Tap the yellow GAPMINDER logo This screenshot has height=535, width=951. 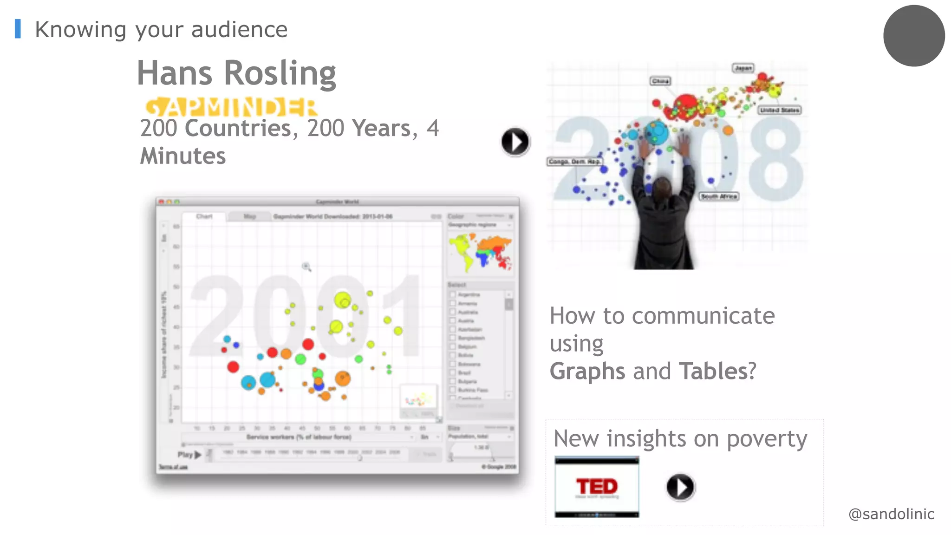coord(231,107)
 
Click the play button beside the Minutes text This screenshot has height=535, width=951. coord(515,142)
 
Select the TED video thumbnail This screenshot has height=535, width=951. coord(597,487)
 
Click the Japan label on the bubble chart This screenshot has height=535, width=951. coord(743,68)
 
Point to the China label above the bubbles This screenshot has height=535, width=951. coord(660,81)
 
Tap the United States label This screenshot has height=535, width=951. coord(780,110)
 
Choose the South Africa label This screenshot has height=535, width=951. coord(719,196)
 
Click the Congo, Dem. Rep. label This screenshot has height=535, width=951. coord(574,162)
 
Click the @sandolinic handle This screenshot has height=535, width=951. coord(891,514)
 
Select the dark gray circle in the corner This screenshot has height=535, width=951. coord(914,36)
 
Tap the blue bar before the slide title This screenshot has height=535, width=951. coord(18,29)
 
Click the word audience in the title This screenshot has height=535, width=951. coord(239,30)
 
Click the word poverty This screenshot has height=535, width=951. coord(767,439)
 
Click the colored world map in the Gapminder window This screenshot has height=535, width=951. coord(480,252)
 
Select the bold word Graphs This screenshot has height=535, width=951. coord(587,372)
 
